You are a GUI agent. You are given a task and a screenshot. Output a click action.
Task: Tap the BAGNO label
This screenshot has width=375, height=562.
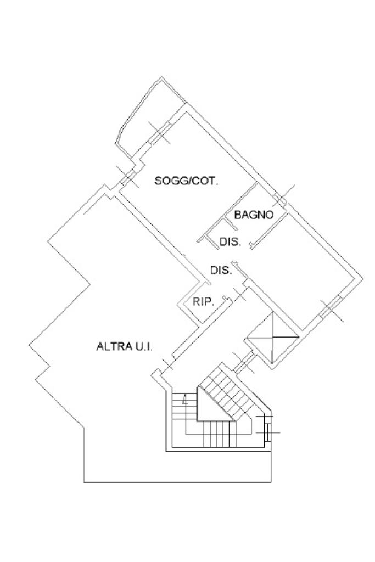pos(254,215)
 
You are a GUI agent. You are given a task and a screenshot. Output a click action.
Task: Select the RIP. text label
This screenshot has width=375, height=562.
pos(203,301)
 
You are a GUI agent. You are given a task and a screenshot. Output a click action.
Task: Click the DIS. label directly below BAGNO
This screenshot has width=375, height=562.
pos(230,241)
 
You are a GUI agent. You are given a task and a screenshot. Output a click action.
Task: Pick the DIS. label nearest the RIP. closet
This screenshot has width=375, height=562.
pos(221,271)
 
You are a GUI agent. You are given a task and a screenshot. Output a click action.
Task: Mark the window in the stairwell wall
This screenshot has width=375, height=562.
pos(267,429)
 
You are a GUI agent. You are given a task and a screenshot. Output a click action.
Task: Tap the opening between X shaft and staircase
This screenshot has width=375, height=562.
pos(243,362)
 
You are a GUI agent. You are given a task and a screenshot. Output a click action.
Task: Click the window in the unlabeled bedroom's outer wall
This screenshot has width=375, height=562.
pos(331,310)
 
